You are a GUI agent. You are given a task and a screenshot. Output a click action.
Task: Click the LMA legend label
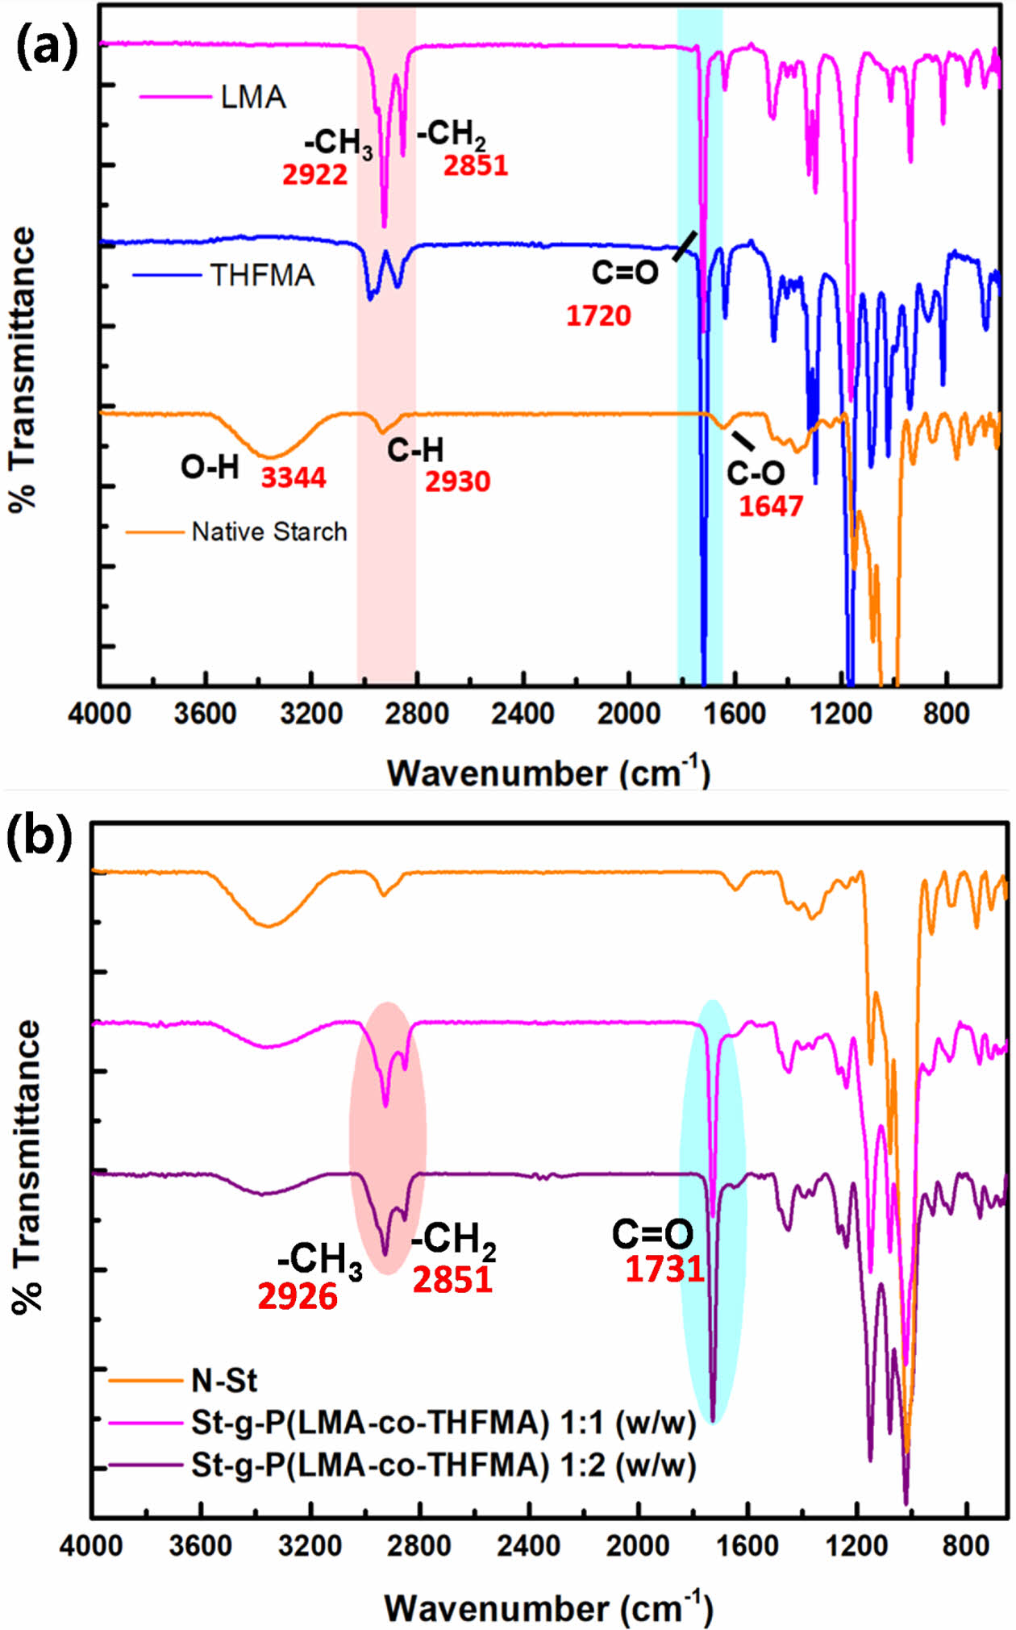pos(253,98)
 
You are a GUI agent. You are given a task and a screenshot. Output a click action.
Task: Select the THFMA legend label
pos(262,276)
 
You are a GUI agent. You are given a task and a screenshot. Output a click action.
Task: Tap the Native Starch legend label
pos(269,532)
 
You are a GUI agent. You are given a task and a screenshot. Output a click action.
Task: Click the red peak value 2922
pos(314,175)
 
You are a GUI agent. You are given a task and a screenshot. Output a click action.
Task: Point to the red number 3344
pos(294,478)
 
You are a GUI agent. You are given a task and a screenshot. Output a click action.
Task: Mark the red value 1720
pos(598,316)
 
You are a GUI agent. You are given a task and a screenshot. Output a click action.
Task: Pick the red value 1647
pos(771,507)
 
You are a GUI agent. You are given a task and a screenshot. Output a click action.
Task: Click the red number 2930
pos(457,482)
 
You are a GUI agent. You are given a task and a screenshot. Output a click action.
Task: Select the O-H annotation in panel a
pos(210,467)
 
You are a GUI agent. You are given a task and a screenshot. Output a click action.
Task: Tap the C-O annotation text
pos(756,473)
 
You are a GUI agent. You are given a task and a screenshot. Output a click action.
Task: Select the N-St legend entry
pos(224,1381)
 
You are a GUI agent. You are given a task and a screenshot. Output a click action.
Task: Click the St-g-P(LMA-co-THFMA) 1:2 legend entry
pos(443,1465)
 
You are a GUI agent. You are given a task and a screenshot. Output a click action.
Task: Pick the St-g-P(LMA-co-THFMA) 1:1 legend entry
pos(443,1423)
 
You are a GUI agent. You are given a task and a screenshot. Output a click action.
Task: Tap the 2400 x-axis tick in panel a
pos(524,714)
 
